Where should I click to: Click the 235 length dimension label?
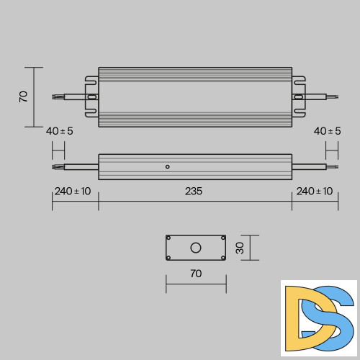click(194, 192)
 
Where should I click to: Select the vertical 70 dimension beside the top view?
click(23, 96)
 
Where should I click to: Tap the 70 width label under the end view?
click(195, 274)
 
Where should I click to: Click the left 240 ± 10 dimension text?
click(73, 192)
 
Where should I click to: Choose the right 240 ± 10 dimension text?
click(315, 192)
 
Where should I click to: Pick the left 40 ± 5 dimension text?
click(59, 131)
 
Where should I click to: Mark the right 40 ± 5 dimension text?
click(328, 131)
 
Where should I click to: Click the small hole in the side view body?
click(167, 167)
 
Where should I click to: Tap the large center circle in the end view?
click(195, 248)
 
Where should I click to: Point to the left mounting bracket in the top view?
click(91, 96)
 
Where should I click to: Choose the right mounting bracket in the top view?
click(298, 96)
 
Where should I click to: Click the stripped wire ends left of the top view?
click(57, 95)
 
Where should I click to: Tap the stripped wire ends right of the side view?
click(333, 167)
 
